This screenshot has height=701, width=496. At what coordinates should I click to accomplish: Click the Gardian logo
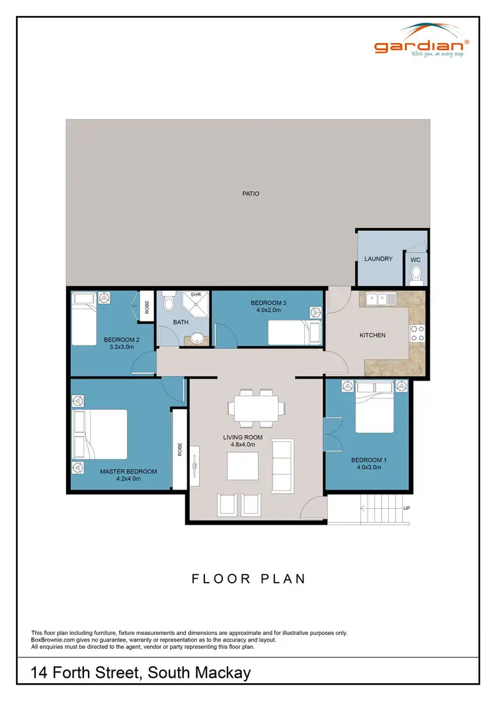tap(422, 41)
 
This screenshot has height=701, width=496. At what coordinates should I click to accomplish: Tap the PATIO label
tap(250, 194)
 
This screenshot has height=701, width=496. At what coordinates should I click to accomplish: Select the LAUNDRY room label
tap(378, 259)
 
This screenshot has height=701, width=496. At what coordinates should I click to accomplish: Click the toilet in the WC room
tap(416, 274)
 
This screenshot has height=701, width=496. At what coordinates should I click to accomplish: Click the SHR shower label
tap(196, 295)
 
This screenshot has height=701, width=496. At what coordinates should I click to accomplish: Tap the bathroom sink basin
tap(196, 340)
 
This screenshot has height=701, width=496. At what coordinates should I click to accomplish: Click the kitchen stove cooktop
tap(417, 333)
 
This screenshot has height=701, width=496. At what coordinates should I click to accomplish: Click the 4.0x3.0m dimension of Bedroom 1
tap(366, 467)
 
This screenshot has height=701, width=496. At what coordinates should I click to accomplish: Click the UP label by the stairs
tap(406, 508)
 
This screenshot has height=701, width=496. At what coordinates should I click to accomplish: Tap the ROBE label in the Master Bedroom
tap(179, 450)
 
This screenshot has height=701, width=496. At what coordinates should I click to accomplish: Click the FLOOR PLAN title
tap(249, 579)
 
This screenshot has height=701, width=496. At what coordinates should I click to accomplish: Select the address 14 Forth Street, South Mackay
tap(141, 673)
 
